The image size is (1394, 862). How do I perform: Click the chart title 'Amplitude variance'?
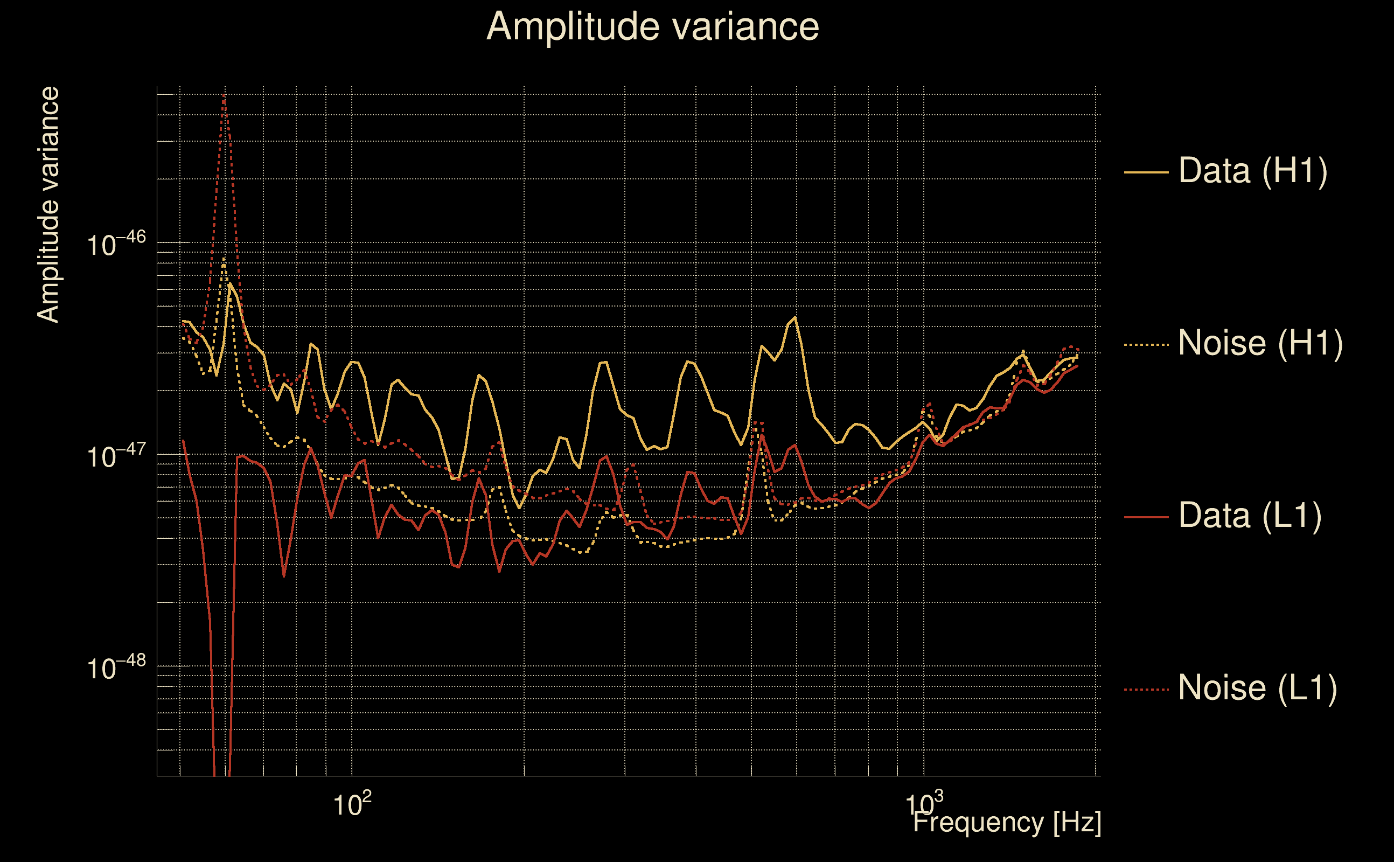652,27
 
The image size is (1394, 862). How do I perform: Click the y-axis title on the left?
48,205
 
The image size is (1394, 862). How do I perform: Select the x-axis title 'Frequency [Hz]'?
1007,822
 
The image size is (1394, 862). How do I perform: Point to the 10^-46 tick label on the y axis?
116,244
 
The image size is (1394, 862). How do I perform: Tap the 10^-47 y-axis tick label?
116,456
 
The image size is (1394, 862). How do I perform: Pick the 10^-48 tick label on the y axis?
116,666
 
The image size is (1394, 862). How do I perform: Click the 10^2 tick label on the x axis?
352,804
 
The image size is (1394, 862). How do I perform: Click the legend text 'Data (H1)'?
1253,170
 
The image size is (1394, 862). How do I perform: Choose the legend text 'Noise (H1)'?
1260,343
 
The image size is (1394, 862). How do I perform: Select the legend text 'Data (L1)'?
1250,516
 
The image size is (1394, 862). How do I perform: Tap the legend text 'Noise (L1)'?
1257,688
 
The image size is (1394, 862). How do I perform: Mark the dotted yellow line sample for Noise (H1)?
1146,344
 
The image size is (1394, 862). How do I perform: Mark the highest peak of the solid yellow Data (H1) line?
229,283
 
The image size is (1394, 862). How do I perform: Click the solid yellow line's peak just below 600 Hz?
795,317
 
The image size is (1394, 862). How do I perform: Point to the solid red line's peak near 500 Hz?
762,435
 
